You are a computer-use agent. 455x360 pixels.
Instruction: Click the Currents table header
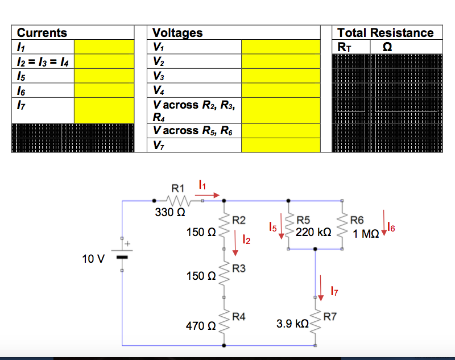[x=42, y=33]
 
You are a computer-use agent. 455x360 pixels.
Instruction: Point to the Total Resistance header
[x=385, y=33]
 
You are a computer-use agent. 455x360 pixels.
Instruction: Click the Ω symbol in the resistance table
[x=387, y=47]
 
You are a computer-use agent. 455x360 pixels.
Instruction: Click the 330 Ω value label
[x=169, y=213]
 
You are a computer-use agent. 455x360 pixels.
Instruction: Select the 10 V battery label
[x=93, y=259]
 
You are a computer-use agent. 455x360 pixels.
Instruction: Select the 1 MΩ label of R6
[x=365, y=233]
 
